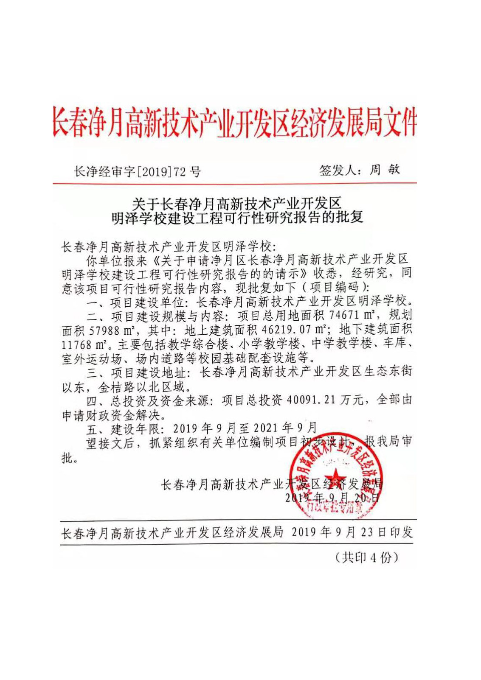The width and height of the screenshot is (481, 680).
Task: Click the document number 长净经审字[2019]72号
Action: [x=137, y=171]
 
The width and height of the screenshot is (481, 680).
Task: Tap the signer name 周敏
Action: [x=384, y=170]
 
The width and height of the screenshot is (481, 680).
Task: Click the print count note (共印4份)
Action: [x=366, y=557]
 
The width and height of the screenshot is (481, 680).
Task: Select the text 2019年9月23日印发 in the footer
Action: [x=352, y=532]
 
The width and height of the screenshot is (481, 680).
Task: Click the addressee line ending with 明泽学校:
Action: [x=169, y=246]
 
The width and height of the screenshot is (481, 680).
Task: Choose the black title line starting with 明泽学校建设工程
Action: [x=237, y=218]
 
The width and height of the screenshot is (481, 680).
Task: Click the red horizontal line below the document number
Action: [x=234, y=183]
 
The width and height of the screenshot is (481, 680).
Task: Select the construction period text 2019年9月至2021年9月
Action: [x=245, y=428]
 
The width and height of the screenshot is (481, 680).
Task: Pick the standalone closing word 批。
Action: [x=70, y=459]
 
